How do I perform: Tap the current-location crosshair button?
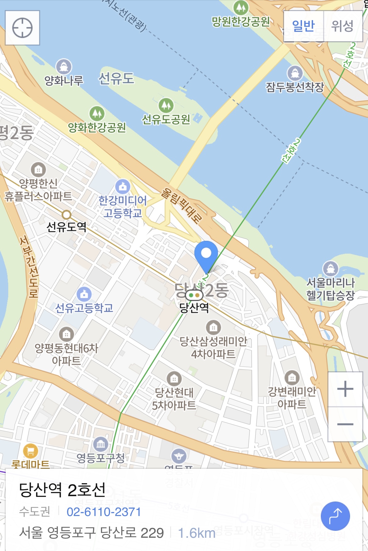(x=22, y=28)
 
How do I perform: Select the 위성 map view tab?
(x=343, y=26)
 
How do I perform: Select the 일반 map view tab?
(x=304, y=26)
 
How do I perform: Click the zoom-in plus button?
(x=345, y=389)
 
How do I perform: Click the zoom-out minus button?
(x=345, y=424)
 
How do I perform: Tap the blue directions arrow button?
(x=335, y=516)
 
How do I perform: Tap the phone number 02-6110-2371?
(x=104, y=512)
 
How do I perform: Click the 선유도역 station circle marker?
(x=66, y=215)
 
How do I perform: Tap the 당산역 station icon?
(x=194, y=295)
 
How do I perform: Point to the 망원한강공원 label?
(x=241, y=21)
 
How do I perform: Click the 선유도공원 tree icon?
(x=166, y=105)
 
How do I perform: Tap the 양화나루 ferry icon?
(x=64, y=67)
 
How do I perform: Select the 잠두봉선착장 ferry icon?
(x=295, y=73)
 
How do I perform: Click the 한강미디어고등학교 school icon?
(x=123, y=186)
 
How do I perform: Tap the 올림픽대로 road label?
(x=182, y=206)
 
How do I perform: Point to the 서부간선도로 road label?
(x=29, y=266)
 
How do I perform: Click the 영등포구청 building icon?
(x=101, y=444)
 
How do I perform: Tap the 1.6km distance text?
(x=197, y=533)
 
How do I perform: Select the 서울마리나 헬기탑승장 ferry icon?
(x=330, y=269)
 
